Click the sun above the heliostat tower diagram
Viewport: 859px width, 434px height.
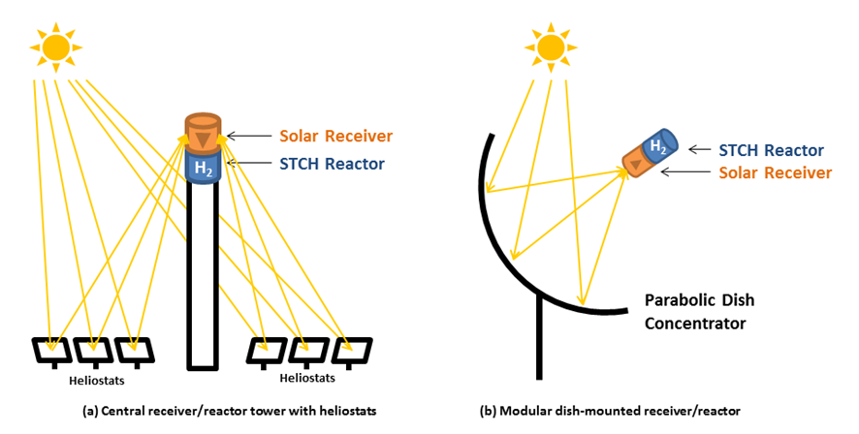pos(56,44)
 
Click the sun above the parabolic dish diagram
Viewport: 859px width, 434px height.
pos(550,45)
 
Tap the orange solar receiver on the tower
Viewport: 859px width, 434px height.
pos(204,132)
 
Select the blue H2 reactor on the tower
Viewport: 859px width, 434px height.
pos(204,167)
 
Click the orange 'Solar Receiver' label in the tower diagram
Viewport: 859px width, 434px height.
pos(336,136)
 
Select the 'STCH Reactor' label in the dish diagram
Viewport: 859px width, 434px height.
pos(772,150)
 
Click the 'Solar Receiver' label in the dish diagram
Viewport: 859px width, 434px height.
pos(775,172)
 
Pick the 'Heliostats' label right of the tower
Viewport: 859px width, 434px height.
pos(307,378)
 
